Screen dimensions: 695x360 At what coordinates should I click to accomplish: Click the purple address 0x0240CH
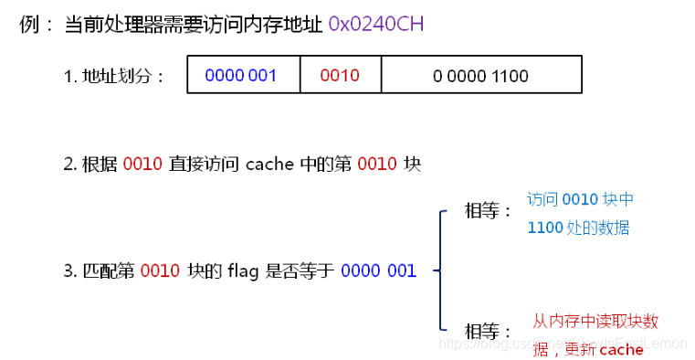coord(375,24)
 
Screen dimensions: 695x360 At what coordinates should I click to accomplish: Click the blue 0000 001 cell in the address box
coord(241,75)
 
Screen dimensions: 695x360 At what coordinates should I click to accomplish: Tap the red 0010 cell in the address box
coord(340,75)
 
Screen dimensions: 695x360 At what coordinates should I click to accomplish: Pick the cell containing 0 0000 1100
coord(480,75)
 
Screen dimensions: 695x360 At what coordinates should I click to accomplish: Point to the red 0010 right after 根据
coord(142,164)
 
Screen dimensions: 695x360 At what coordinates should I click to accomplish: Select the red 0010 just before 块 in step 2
coord(377,164)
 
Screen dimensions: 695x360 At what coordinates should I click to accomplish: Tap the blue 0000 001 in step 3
coord(378,270)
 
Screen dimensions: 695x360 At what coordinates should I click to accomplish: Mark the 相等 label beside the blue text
coord(488,212)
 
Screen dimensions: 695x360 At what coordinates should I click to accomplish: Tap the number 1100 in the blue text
coord(545,228)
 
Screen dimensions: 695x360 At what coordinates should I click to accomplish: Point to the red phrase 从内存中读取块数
coord(595,322)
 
